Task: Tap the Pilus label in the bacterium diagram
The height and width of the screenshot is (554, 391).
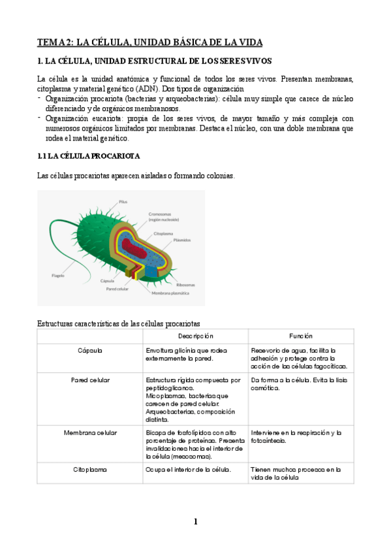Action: coord(123,201)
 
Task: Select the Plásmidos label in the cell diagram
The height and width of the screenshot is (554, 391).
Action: coord(181,240)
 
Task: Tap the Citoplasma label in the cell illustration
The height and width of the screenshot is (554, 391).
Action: coord(163,233)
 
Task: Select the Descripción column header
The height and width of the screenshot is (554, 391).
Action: coord(195,336)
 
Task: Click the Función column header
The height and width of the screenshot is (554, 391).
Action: coord(301,336)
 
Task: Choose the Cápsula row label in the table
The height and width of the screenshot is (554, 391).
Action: coord(90,350)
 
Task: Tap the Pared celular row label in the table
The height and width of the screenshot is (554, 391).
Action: coord(90,380)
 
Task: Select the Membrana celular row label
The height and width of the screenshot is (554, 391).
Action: coord(90,433)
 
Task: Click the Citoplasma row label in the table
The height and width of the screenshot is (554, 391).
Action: coord(90,469)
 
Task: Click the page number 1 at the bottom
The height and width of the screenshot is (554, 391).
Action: coord(195,521)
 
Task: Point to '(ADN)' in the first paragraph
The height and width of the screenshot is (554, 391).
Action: coord(145,89)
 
